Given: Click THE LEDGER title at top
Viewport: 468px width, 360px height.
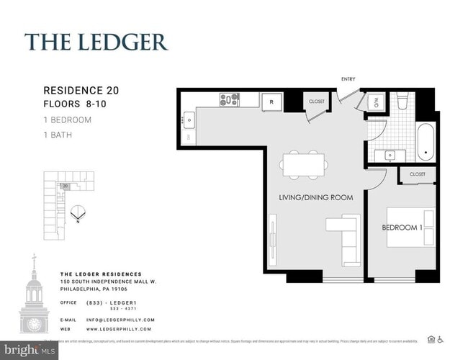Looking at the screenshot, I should click(x=96, y=41).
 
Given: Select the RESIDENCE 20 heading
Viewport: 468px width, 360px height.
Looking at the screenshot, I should click(x=81, y=91).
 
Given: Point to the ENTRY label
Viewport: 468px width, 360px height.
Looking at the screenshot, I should click(x=348, y=79).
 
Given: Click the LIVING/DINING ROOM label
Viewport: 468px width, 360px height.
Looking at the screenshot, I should click(x=315, y=197).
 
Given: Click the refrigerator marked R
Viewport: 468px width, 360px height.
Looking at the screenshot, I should click(x=271, y=102).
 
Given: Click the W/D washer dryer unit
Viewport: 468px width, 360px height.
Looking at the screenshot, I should click(x=375, y=103).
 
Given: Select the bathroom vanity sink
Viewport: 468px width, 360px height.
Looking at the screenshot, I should click(x=389, y=154).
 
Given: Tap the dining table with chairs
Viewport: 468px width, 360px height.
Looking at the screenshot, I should click(x=303, y=163).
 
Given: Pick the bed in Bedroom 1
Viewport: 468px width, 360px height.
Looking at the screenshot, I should click(x=411, y=228).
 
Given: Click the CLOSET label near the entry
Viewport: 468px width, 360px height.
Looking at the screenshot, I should click(x=317, y=102).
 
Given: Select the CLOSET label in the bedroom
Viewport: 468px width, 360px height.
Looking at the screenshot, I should click(x=417, y=174).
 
